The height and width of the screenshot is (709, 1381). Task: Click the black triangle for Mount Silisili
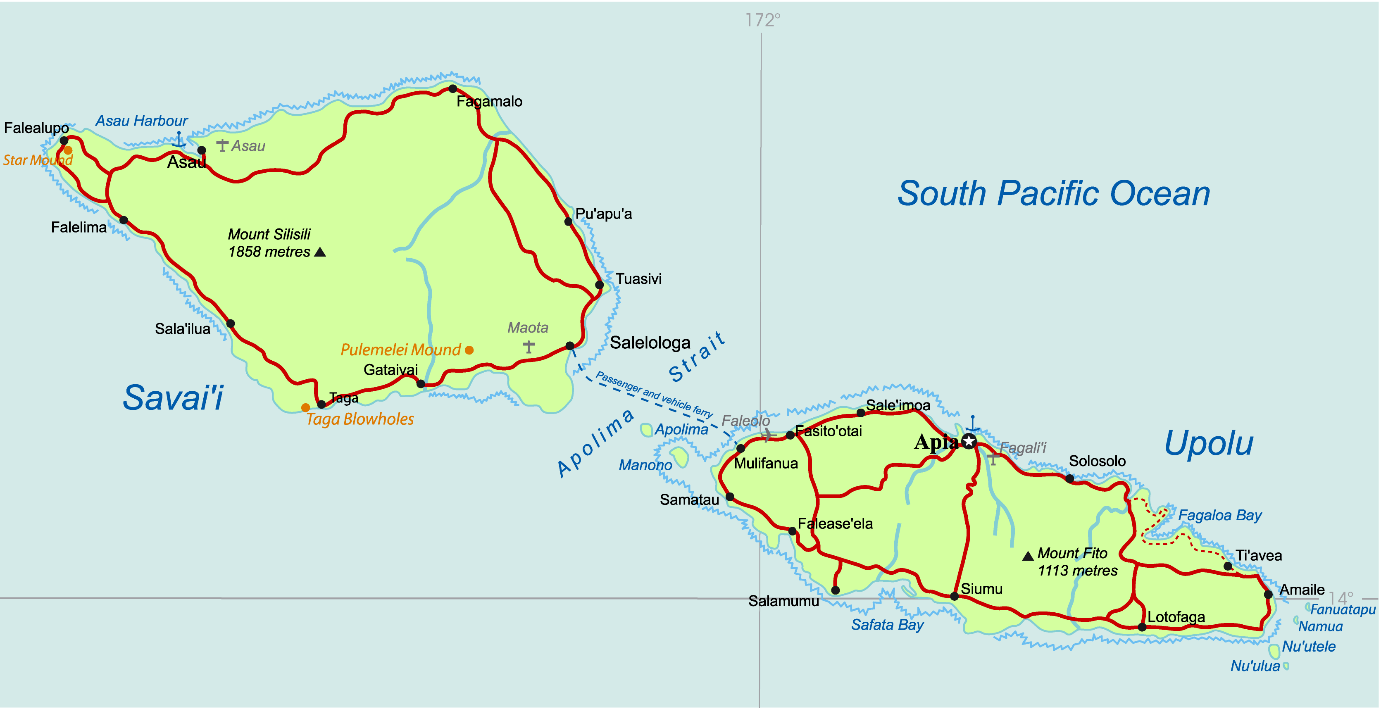tap(320, 252)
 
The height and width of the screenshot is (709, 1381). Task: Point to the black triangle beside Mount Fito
tap(1028, 556)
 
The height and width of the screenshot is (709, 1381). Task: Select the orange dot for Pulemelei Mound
tap(469, 350)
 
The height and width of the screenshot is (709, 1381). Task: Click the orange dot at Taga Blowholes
tap(305, 407)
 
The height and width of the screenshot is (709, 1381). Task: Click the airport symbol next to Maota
tap(529, 347)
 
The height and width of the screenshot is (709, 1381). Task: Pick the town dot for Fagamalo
tap(452, 88)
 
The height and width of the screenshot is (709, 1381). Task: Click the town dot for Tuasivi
tap(599, 285)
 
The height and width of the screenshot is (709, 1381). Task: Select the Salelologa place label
tap(650, 343)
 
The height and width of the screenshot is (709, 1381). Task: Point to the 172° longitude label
tap(762, 20)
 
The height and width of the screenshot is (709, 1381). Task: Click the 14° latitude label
tap(1340, 597)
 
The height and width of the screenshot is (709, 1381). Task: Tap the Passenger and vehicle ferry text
tap(654, 395)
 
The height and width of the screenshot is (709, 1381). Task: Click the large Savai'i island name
tap(173, 397)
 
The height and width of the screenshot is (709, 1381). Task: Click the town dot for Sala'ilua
tap(231, 323)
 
